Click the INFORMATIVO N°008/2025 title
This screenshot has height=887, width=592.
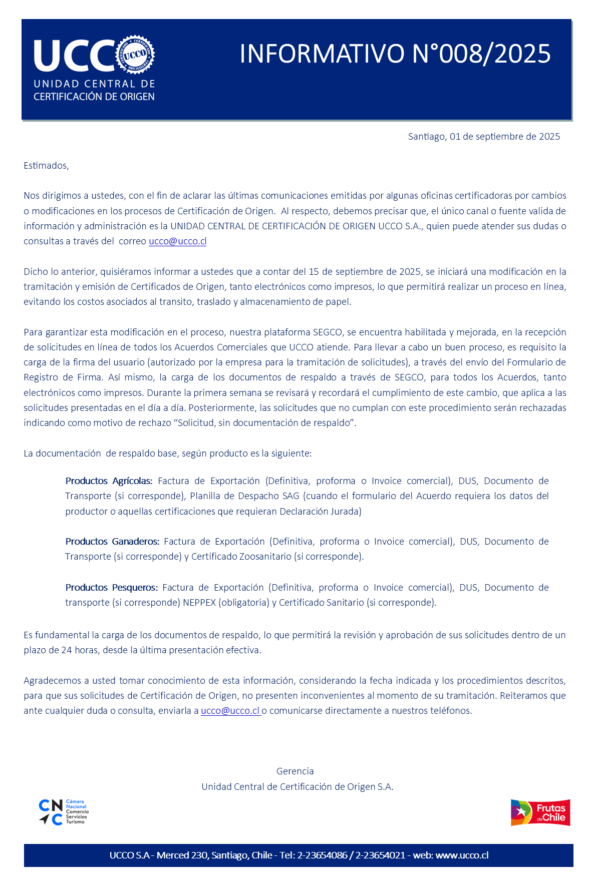click(x=395, y=54)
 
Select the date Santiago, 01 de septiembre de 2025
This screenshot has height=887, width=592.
click(x=484, y=137)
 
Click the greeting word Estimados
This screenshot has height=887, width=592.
click(x=46, y=166)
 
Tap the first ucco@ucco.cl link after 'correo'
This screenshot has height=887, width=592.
click(x=178, y=241)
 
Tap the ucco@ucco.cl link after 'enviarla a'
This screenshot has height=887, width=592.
click(x=230, y=711)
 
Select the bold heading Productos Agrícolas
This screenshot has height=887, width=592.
click(x=109, y=481)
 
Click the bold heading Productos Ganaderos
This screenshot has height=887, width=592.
click(x=112, y=542)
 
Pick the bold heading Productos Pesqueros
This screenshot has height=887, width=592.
click(x=111, y=588)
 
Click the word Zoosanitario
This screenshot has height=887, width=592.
click(x=265, y=557)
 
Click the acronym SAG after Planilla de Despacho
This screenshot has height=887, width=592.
click(x=290, y=496)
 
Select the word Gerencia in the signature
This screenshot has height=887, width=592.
click(x=295, y=771)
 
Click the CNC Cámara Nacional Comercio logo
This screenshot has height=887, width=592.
click(x=63, y=812)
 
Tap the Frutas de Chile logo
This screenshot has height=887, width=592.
click(x=540, y=812)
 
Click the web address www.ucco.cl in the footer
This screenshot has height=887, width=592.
click(x=462, y=855)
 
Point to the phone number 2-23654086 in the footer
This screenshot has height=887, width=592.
click(x=322, y=855)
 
